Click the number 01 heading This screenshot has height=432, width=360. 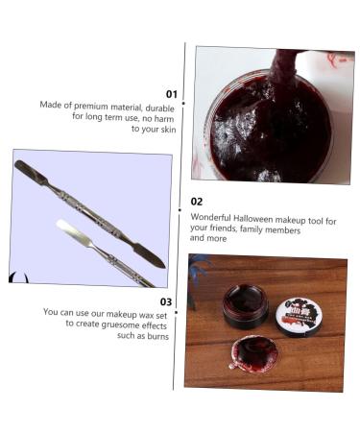click(x=172, y=94)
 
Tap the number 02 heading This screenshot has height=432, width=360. click(x=197, y=202)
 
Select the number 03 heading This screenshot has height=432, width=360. click(x=166, y=301)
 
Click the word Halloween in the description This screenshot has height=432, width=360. click(x=252, y=219)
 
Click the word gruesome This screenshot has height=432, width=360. click(x=122, y=324)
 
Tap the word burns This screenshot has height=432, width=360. click(x=156, y=336)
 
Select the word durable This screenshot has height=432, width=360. click(x=159, y=108)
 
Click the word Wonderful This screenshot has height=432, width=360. click(x=210, y=217)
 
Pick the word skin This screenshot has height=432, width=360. click(x=168, y=130)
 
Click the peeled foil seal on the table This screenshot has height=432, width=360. click(x=252, y=353)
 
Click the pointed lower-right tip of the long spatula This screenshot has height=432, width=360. click(x=164, y=266)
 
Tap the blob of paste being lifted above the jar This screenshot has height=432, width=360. click(x=281, y=67)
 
